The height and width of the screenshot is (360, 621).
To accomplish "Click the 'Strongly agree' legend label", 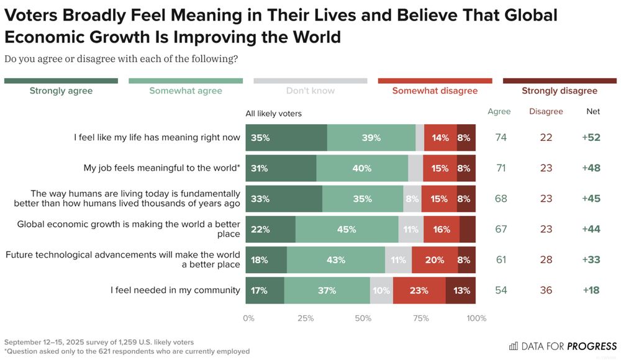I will [61, 91].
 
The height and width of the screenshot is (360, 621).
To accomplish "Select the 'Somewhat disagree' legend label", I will [435, 91].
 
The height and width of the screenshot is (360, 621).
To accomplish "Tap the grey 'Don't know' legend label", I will [310, 91].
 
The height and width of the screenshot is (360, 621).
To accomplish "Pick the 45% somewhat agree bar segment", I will [347, 229].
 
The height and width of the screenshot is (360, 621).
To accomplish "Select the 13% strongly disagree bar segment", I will [461, 290].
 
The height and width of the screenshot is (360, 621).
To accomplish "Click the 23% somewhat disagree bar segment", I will [419, 290].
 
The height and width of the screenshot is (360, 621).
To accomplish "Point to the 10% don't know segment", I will [381, 290].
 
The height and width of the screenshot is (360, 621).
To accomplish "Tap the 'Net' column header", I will [593, 112].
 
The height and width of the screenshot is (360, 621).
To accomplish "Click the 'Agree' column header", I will [499, 112].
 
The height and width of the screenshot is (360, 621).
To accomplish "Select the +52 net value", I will [591, 138].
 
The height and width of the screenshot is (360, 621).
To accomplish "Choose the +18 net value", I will [591, 290].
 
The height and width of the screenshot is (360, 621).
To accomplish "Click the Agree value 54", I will [501, 290].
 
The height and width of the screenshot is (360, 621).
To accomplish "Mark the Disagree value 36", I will [546, 290].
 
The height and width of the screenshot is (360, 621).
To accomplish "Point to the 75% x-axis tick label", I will [420, 318].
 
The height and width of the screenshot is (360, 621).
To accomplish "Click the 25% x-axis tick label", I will [306, 318].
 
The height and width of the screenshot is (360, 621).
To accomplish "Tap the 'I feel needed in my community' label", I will [175, 290].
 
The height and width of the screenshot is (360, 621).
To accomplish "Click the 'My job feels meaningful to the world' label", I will [161, 168].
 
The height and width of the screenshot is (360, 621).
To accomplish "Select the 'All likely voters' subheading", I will [273, 114].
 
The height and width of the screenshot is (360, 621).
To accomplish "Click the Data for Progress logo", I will [563, 346].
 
